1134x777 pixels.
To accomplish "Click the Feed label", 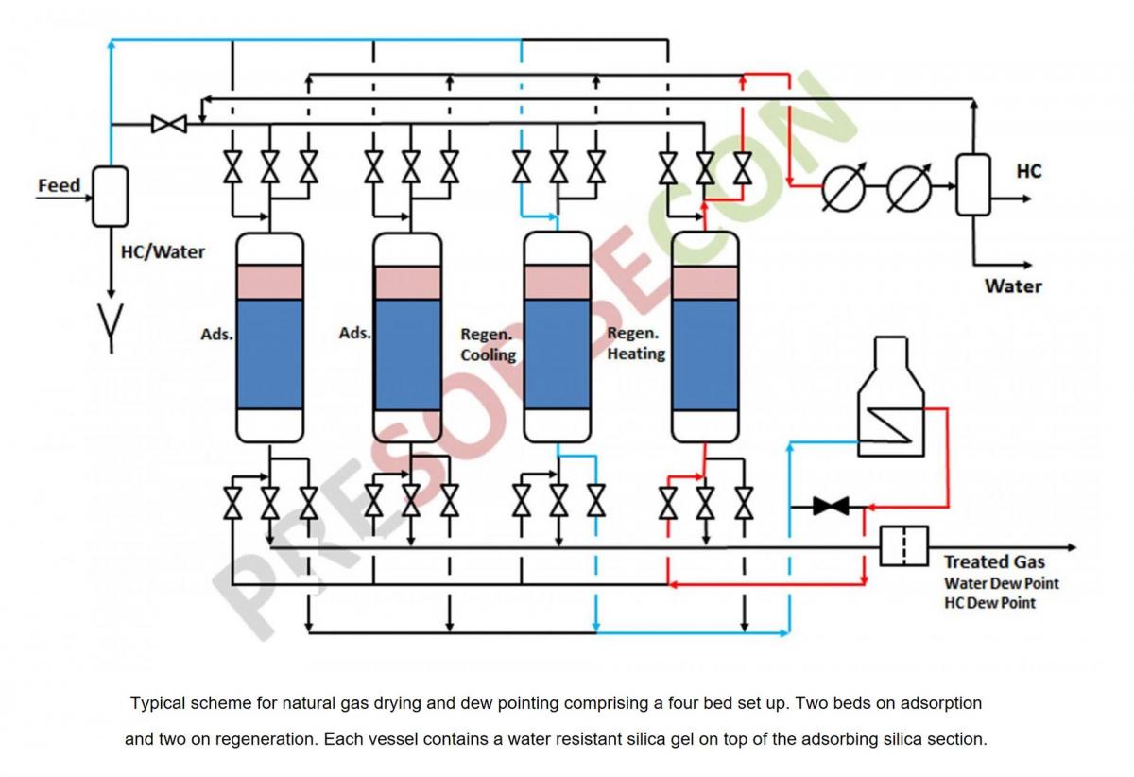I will point(59,185).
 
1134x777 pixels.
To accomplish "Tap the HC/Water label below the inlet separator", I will point(163,252).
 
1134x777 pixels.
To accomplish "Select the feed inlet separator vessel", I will point(110,196).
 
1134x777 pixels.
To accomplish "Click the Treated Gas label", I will point(994,562).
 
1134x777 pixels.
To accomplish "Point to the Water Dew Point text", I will point(1001,583).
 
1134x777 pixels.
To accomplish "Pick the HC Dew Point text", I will point(989,603).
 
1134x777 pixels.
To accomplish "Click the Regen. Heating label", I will point(636,344).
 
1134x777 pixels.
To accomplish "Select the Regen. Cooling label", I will point(489,345).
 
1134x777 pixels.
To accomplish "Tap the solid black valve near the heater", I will point(831,507).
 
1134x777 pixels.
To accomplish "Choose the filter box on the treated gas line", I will point(903,546).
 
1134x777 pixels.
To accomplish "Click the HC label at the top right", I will point(1028,171).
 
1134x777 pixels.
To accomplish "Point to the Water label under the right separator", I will point(1013,285).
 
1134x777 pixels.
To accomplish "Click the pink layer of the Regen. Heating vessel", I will point(704,282).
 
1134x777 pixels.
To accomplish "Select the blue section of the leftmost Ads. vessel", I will point(269,354).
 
